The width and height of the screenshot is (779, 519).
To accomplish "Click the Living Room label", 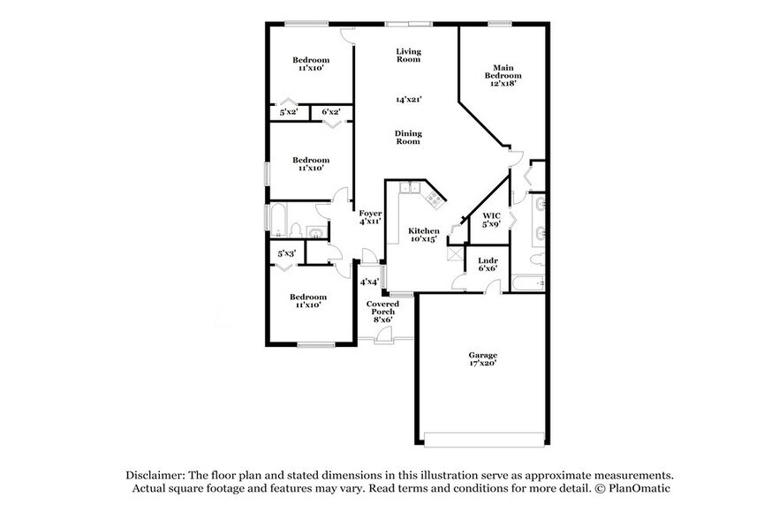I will pos(408,56).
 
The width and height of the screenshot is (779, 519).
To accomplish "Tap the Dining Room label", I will pos(408,137).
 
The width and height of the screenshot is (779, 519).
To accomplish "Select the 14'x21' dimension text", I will pos(408,100).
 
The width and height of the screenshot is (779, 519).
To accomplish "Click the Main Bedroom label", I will pos(503,75).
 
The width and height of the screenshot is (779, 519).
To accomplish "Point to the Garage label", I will pos(482,358).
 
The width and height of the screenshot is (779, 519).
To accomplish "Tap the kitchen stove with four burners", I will pos(435,199).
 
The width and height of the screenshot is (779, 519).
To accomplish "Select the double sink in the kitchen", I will pos(409,187).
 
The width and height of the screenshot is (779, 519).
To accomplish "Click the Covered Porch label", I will pos(382,311).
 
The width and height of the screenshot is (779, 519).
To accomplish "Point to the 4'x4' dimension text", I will pos(369,282).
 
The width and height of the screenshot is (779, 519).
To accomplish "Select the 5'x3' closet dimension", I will pos(286,254).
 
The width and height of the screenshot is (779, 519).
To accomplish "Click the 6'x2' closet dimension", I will pos(331,112).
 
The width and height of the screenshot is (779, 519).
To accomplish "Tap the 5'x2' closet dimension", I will pos(289,112).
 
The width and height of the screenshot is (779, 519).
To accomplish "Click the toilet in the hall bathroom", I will pos(317,233).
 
